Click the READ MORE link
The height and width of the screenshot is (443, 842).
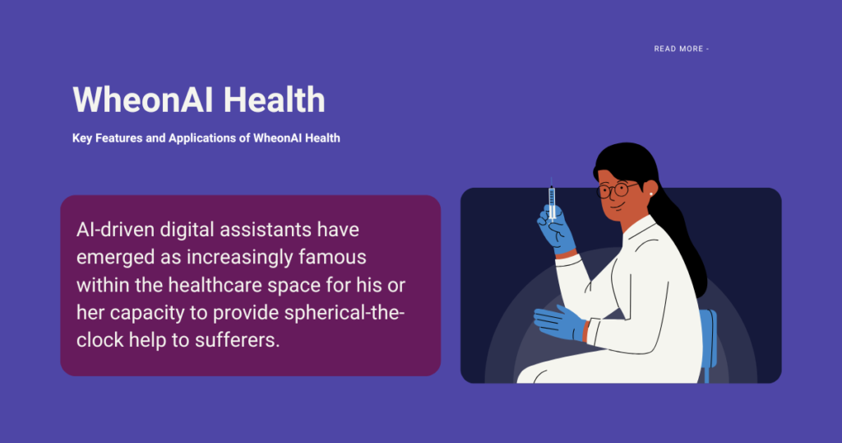(682, 49)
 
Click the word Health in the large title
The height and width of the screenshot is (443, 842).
(274, 100)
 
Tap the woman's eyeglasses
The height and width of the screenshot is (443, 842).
(617, 189)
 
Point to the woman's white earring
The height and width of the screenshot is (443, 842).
(651, 194)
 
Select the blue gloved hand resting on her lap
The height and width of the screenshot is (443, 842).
(559, 323)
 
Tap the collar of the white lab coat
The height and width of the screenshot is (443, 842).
(639, 228)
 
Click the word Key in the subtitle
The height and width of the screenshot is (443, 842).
(82, 138)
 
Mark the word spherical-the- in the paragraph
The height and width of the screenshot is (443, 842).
(345, 312)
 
